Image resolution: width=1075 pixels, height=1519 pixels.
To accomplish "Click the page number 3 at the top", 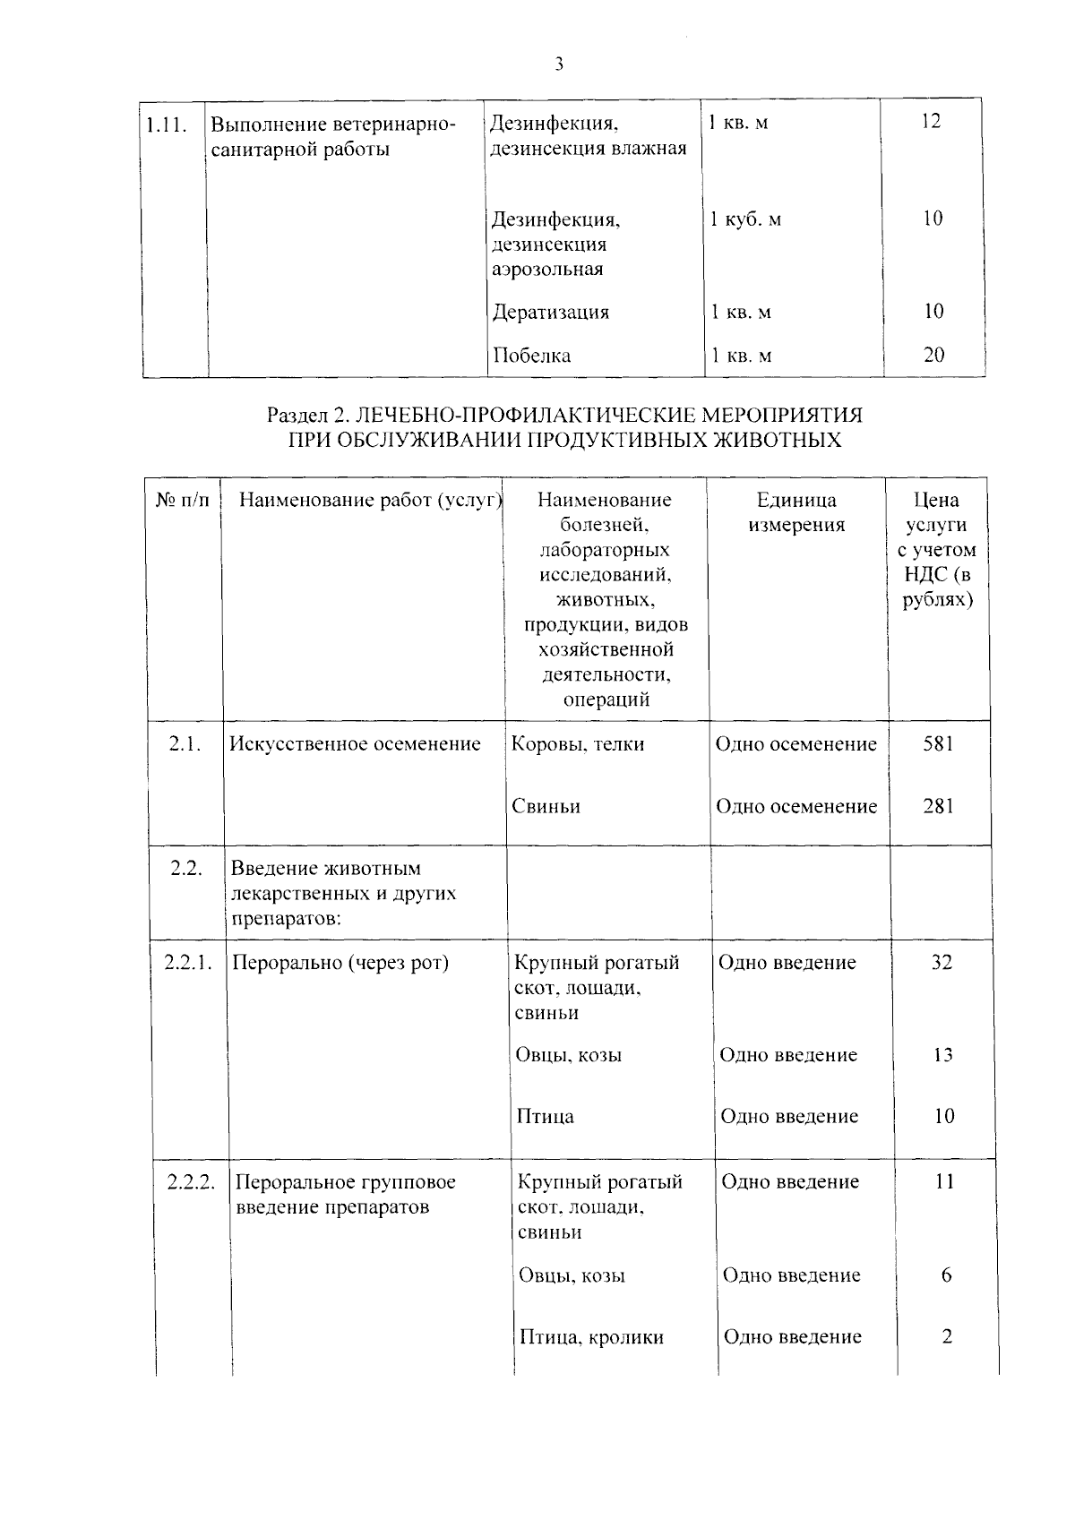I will click(559, 64).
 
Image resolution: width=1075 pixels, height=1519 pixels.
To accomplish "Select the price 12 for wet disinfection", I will click(932, 122).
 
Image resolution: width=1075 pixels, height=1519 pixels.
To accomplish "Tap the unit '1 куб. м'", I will click(745, 219).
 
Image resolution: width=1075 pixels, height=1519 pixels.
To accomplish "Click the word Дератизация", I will click(551, 313).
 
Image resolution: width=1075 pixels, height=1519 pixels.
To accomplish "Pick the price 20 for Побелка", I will click(933, 355).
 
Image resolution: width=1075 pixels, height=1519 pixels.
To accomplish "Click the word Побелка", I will click(532, 356).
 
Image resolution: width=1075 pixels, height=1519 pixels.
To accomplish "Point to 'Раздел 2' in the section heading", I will click(306, 416).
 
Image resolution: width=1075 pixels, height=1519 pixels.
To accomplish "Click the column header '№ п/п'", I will click(183, 501).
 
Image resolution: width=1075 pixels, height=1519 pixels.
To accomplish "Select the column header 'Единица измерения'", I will click(796, 512).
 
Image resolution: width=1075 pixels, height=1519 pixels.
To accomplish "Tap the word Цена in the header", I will click(936, 500).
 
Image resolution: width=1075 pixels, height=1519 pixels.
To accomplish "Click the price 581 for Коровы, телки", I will click(939, 743).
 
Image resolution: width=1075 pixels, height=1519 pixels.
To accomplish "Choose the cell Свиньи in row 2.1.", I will click(546, 806).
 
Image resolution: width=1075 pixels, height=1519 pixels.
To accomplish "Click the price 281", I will click(939, 806).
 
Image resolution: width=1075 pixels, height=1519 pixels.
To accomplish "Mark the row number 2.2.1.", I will click(188, 963).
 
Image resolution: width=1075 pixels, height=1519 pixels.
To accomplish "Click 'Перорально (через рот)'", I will click(340, 963).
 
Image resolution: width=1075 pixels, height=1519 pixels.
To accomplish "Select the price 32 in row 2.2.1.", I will click(941, 963).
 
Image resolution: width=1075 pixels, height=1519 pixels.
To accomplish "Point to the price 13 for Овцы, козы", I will click(942, 1055).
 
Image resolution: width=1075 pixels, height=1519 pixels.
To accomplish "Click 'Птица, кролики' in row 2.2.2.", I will click(592, 1337).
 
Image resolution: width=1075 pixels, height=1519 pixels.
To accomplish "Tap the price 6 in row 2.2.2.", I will click(947, 1275).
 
